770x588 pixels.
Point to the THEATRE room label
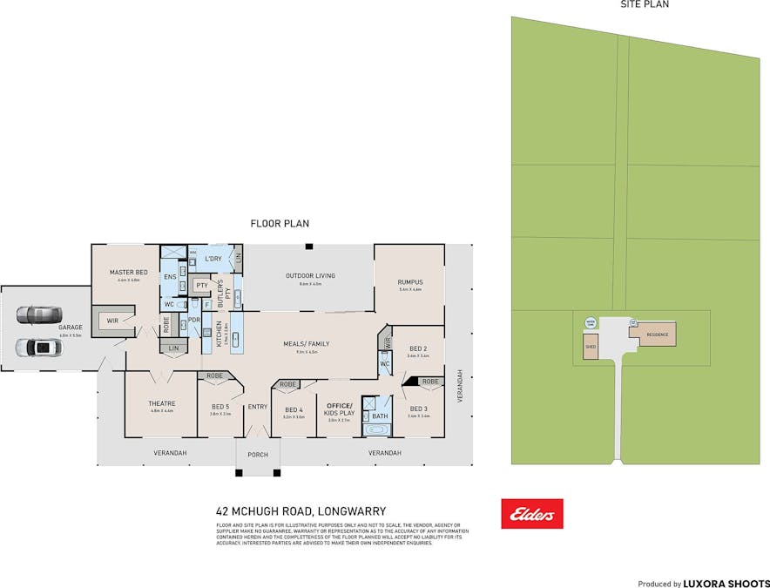(x=162, y=403)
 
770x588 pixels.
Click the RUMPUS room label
(x=409, y=281)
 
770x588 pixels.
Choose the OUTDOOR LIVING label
(x=310, y=276)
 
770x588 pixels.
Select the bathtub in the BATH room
(x=380, y=430)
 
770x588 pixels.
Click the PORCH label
(x=258, y=455)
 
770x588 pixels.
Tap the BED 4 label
(x=294, y=409)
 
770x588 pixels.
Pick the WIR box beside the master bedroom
(x=112, y=321)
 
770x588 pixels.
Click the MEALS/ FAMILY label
(x=306, y=344)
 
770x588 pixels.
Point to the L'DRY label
(x=213, y=260)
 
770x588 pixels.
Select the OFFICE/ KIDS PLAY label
(x=338, y=409)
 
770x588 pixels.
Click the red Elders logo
(x=531, y=514)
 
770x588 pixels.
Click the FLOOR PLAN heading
(x=280, y=224)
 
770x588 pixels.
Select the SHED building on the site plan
(x=591, y=346)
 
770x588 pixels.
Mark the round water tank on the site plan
(x=590, y=323)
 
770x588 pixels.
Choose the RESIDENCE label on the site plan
(x=657, y=334)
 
